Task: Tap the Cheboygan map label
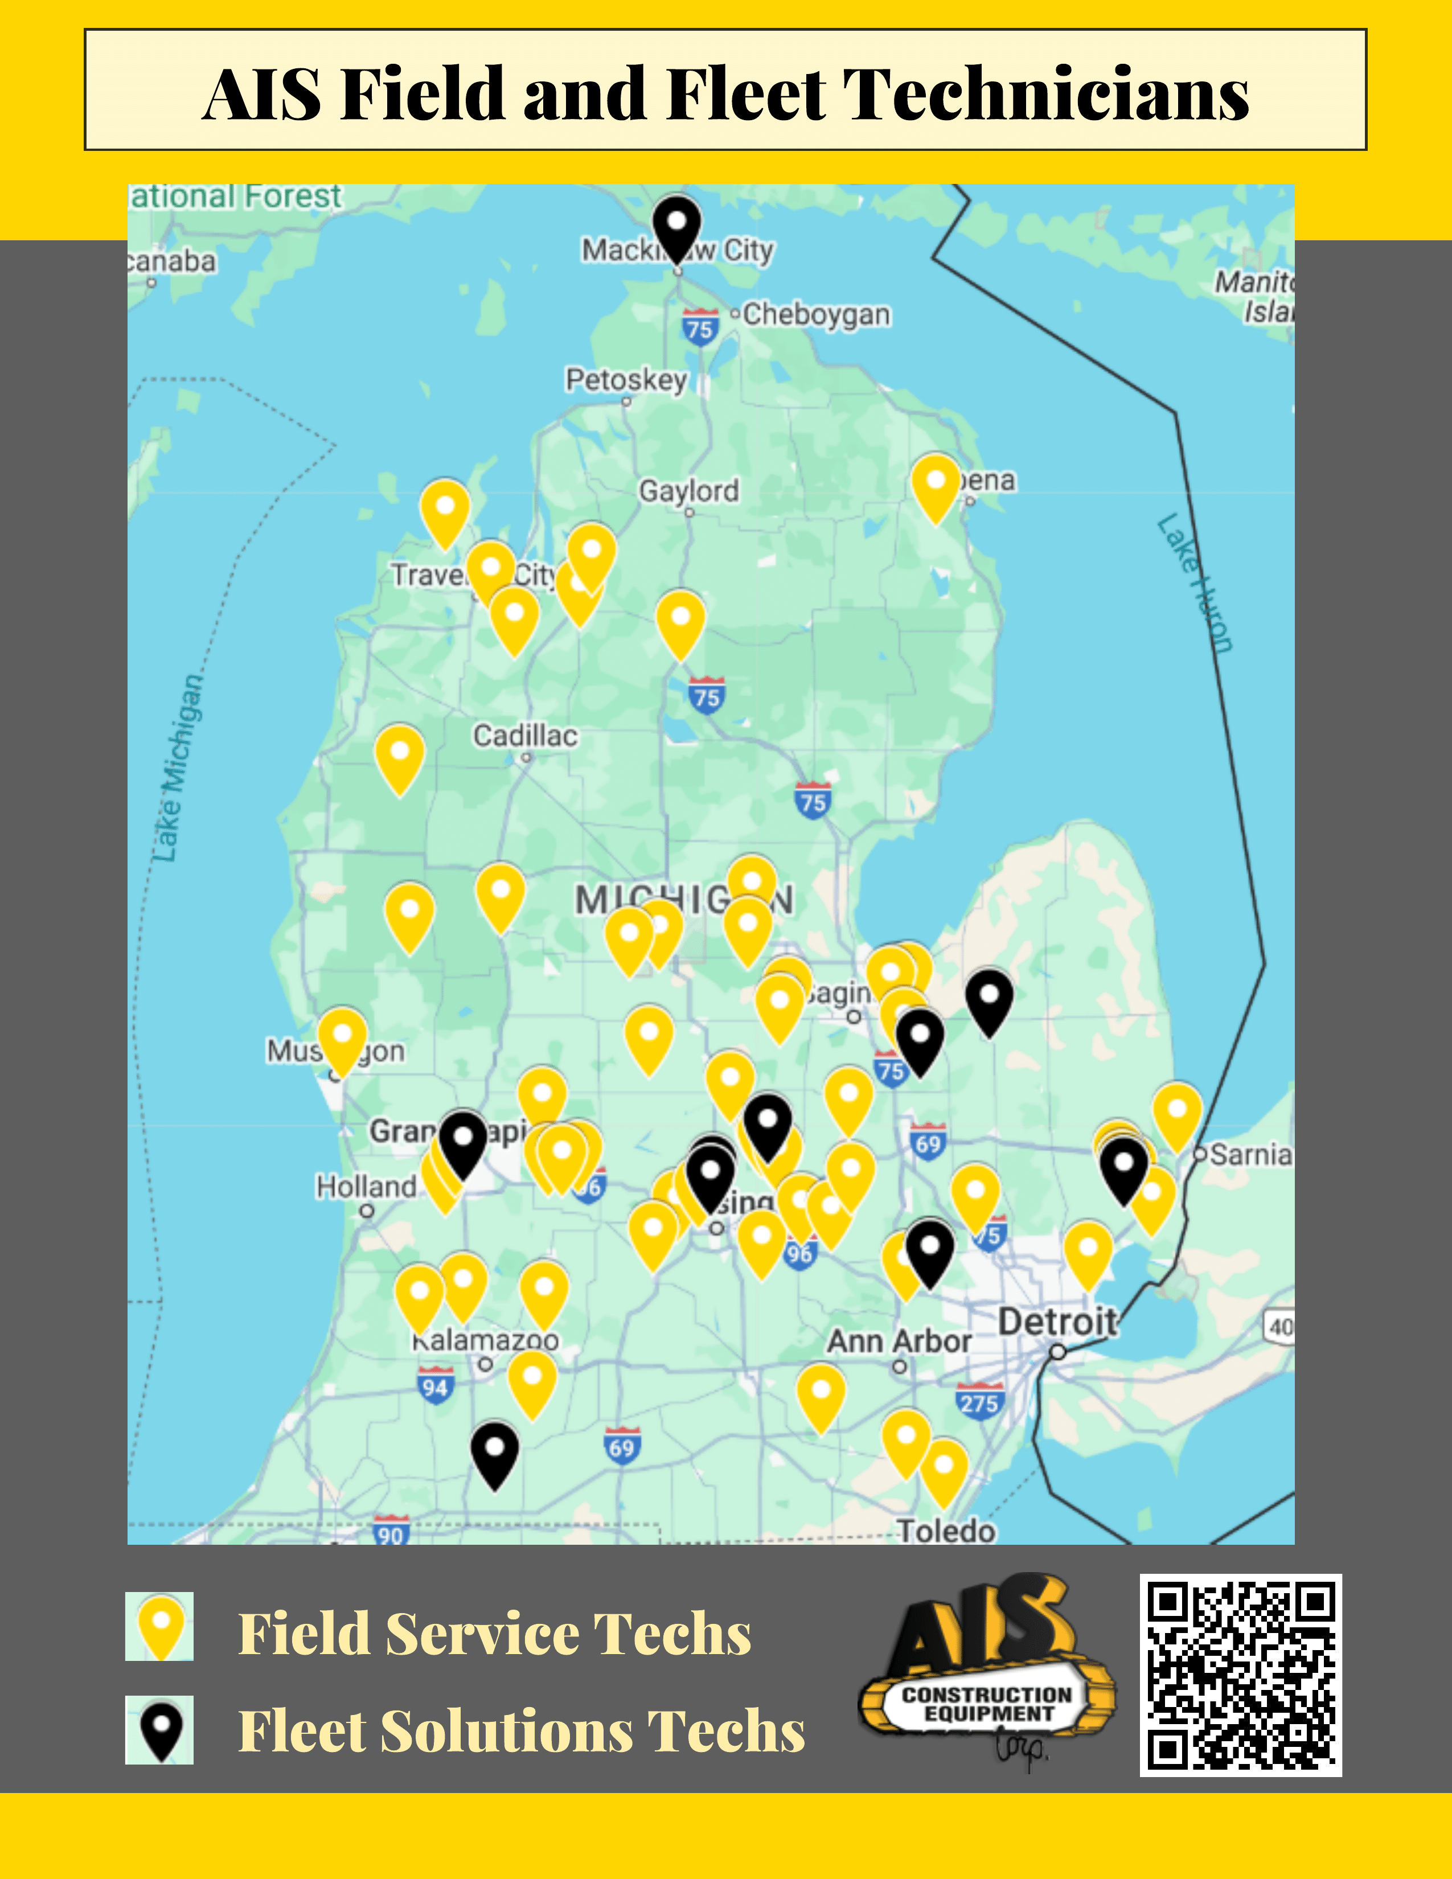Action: (815, 314)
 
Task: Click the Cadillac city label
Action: (526, 736)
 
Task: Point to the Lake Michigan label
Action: (178, 768)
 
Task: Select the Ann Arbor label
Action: (899, 1341)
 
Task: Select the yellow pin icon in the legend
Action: (160, 1626)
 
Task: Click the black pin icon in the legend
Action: (160, 1729)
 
